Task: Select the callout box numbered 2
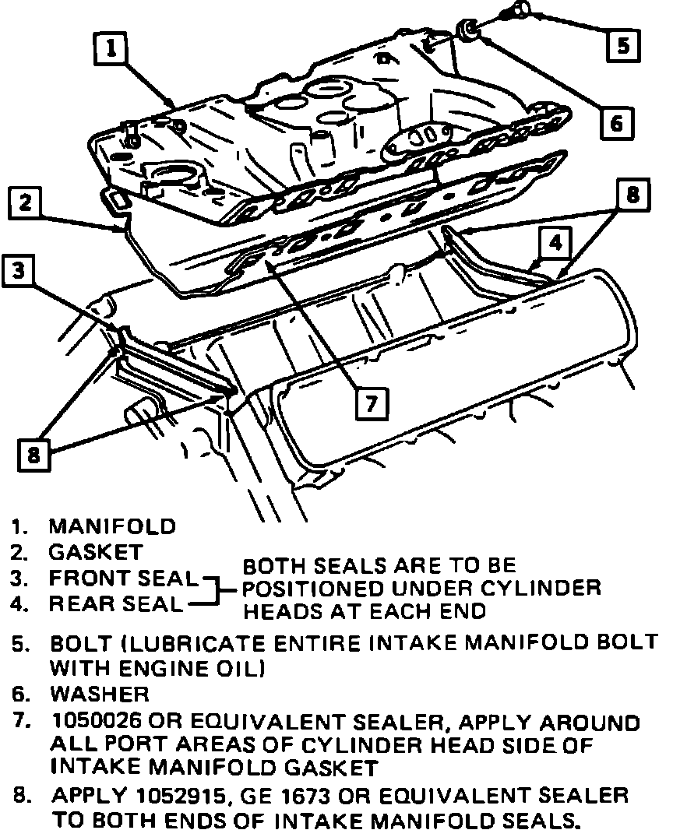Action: coord(26,204)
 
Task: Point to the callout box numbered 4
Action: coord(554,243)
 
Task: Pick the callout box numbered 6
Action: coord(615,122)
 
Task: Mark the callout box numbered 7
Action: coord(372,403)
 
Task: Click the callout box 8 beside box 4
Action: coord(632,195)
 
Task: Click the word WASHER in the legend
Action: coord(99,693)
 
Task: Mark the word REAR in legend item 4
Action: coord(76,603)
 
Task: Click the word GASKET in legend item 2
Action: coord(96,552)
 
